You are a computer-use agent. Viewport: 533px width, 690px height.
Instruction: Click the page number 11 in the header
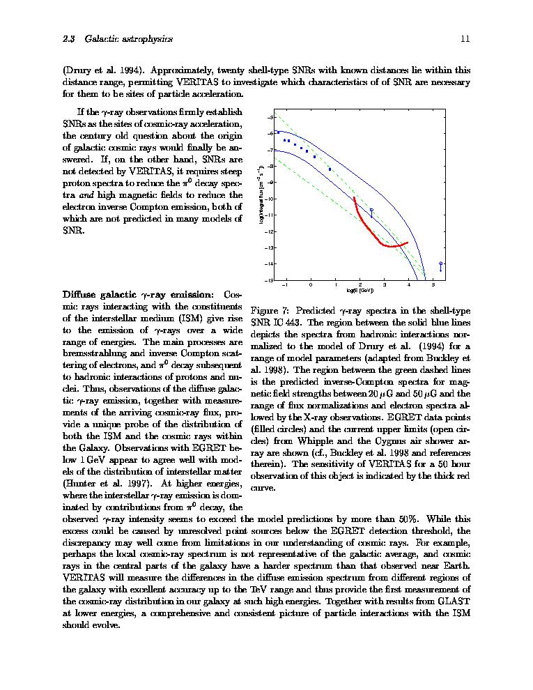point(465,39)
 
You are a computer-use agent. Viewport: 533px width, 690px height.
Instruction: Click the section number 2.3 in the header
point(69,39)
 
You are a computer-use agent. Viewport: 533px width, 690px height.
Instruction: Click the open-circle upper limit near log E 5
point(441,264)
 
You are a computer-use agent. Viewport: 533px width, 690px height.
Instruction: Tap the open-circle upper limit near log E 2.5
point(371,210)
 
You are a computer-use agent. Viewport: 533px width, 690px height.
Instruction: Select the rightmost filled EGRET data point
point(330,169)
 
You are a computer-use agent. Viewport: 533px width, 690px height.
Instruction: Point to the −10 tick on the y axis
point(270,199)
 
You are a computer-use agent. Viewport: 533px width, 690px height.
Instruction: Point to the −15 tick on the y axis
point(270,280)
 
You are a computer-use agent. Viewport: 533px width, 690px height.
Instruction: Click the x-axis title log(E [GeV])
point(360,291)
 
